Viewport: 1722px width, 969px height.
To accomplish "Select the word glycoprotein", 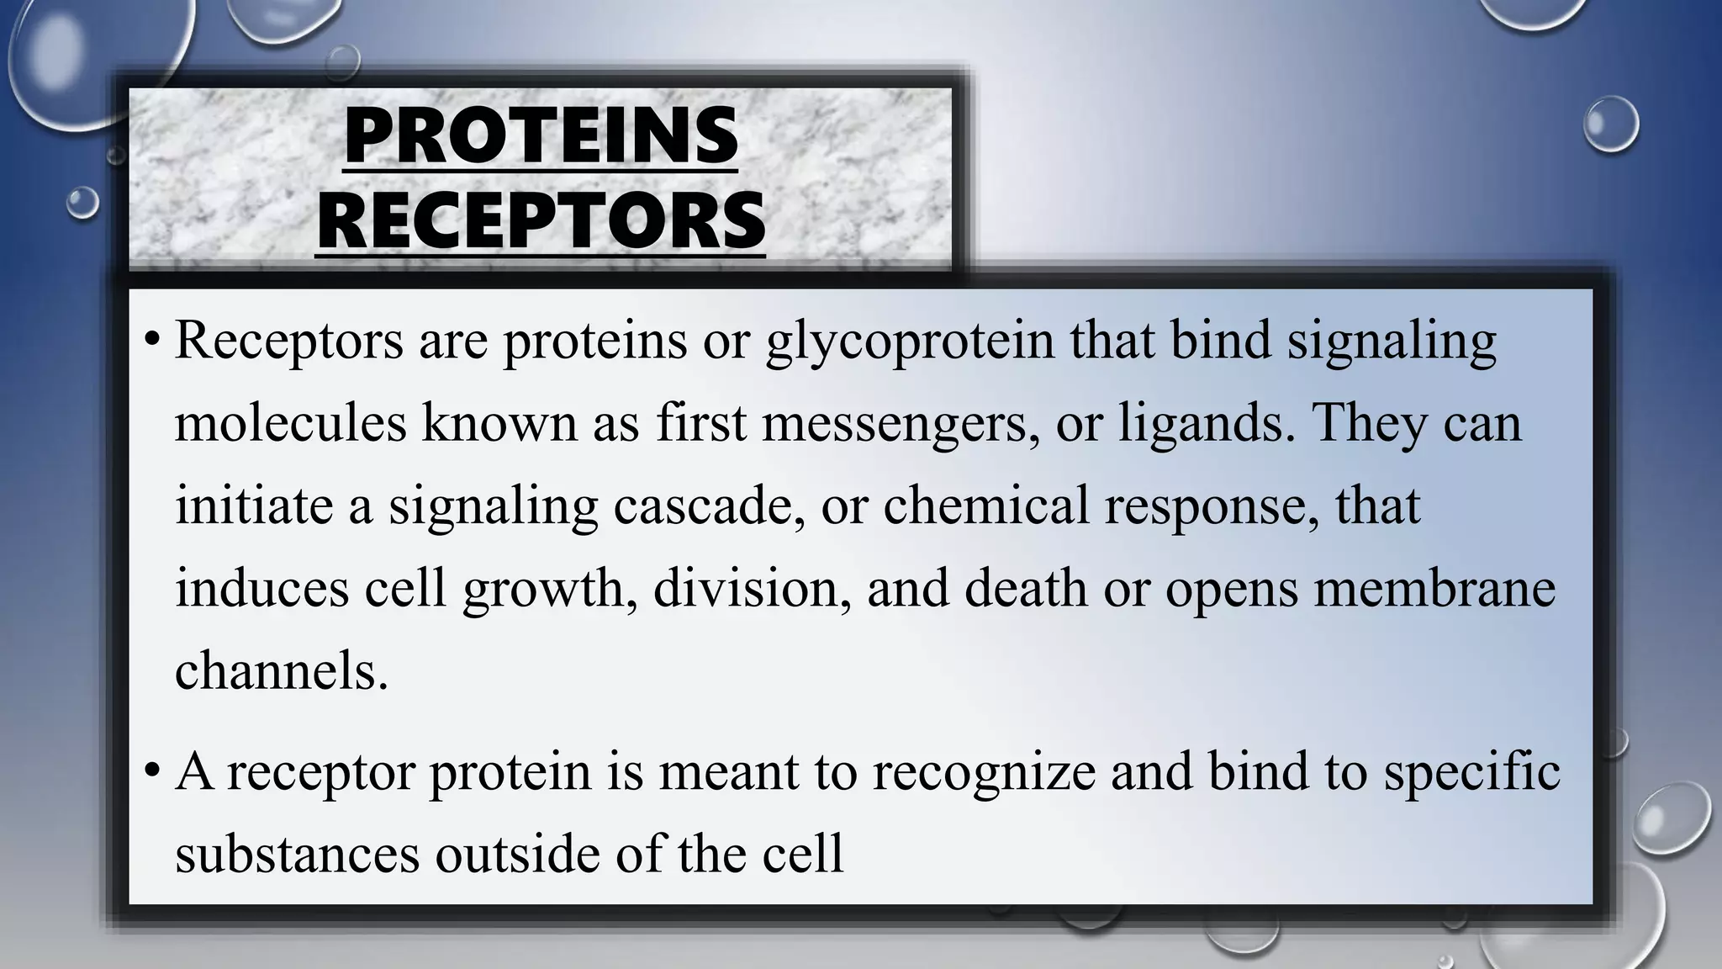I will (x=910, y=342).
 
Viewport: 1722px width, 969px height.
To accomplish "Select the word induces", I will (x=261, y=587).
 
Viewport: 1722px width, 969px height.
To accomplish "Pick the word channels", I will (x=282, y=670).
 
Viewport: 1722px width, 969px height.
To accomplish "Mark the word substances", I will (x=298, y=854).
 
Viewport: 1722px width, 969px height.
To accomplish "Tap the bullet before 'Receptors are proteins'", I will (x=151, y=342).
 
